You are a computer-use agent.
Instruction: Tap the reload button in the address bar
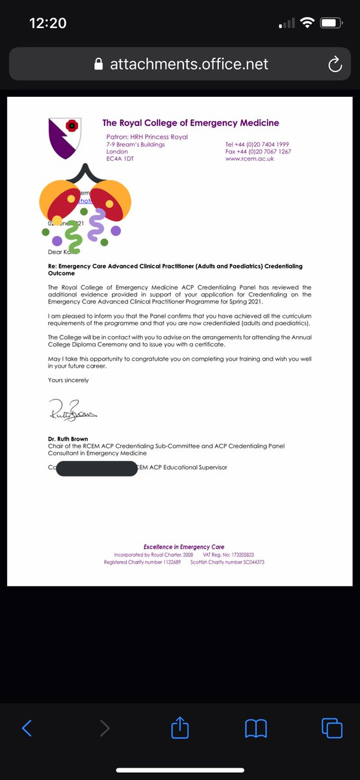[335, 64]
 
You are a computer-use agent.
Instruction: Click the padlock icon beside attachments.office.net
[99, 64]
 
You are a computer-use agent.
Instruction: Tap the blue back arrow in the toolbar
[27, 729]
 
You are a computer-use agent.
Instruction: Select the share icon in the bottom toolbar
[179, 728]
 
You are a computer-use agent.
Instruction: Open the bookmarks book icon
[256, 729]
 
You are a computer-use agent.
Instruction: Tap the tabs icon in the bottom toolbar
[332, 728]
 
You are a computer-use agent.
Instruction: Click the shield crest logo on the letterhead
[66, 136]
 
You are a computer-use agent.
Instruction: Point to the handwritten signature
[72, 410]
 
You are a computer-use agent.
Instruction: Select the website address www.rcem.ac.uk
[250, 159]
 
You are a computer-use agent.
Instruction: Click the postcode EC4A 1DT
[120, 159]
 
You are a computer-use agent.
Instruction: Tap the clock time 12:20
[48, 23]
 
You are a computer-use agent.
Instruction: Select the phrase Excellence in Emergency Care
[184, 547]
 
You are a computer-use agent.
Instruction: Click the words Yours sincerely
[68, 380]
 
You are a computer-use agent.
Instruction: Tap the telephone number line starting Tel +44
[257, 144]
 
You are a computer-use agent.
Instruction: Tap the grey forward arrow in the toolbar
[104, 729]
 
